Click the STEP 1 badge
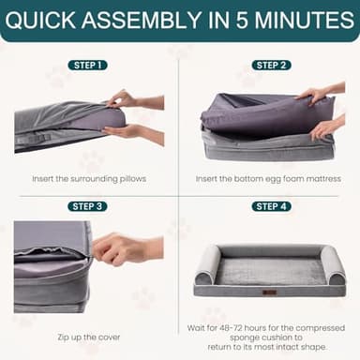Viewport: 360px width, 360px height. tap(87, 65)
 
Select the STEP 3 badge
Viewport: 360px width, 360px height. tap(87, 206)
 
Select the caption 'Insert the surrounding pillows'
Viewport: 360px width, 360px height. tap(87, 178)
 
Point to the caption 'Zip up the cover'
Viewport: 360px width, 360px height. tap(87, 336)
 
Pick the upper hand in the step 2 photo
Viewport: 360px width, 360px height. tap(314, 95)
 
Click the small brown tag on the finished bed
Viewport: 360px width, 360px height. tap(270, 292)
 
